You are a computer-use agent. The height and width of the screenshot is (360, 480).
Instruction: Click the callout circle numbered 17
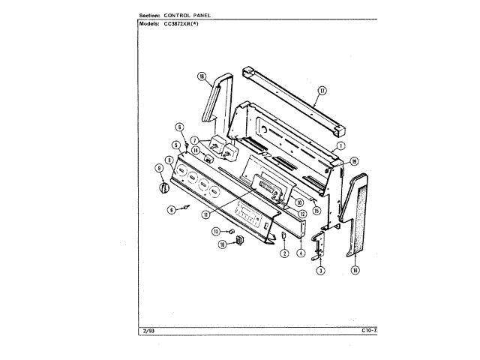(322, 91)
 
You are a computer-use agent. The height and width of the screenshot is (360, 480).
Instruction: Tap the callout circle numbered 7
(193, 140)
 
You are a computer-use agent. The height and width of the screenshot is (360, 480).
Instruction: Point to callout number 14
(195, 150)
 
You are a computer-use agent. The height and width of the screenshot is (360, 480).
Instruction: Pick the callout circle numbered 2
(285, 253)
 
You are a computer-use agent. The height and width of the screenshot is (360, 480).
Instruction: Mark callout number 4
(300, 253)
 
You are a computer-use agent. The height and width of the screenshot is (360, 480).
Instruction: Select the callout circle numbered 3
(320, 270)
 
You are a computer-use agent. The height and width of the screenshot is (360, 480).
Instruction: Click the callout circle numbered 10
(298, 200)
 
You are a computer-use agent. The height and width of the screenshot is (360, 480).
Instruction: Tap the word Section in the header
(151, 15)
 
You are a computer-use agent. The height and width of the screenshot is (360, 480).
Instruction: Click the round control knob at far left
(160, 187)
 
